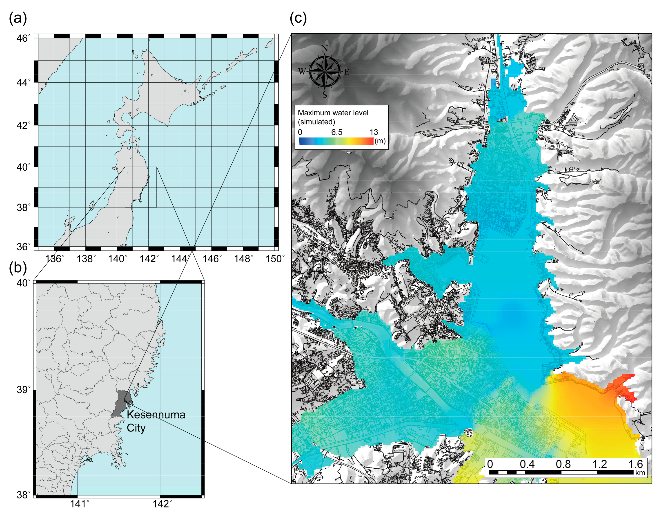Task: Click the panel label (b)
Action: coord(18,267)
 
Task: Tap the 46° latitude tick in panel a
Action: coord(24,38)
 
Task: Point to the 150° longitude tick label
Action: coord(275,259)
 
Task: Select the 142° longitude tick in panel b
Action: coord(162,504)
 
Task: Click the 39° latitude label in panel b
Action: coord(24,390)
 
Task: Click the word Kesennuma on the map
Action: coord(156,415)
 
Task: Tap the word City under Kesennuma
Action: coord(136,428)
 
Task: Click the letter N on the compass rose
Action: coord(325,48)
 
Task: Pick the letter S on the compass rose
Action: coord(325,95)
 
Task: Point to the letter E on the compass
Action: coord(347,72)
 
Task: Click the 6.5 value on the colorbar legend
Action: coord(336,132)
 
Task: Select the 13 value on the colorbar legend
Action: coord(374,132)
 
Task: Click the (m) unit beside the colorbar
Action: coord(380,141)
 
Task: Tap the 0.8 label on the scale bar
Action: coord(563,464)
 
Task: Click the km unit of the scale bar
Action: coord(640,473)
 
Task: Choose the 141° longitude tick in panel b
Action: coord(80,504)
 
